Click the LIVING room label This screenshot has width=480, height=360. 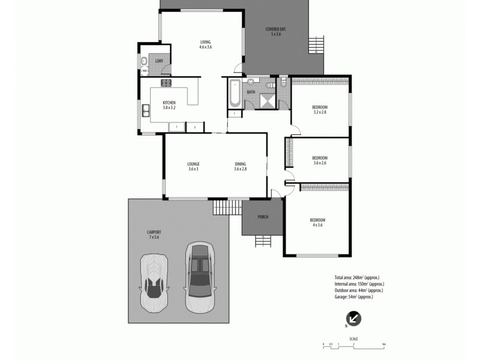(206, 42)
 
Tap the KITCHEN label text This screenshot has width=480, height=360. (169, 103)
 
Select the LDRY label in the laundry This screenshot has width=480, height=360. (159, 61)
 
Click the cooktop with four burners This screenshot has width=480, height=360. (166, 83)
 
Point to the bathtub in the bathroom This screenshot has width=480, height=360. (235, 93)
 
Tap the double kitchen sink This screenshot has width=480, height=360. (146, 110)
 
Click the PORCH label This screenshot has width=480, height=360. (262, 217)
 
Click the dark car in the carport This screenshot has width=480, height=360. (199, 277)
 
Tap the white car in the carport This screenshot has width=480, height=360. (154, 281)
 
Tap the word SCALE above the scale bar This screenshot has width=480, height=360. (353, 339)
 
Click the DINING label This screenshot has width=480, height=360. (240, 164)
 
